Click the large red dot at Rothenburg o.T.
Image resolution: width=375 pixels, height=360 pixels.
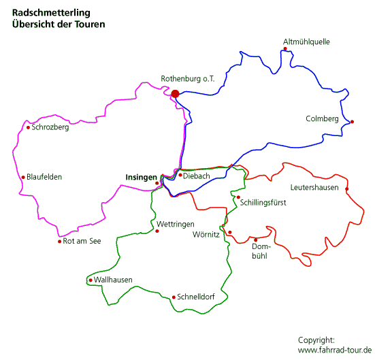pyautogui.click(x=175, y=94)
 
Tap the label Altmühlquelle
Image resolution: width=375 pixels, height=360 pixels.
pyautogui.click(x=306, y=42)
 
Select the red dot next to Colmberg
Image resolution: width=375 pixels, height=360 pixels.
pyautogui.click(x=352, y=122)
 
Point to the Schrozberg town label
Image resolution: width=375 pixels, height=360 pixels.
pyautogui.click(x=50, y=127)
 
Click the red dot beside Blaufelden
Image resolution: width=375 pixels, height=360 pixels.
pyautogui.click(x=23, y=177)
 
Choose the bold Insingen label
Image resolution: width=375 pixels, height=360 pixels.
pyautogui.click(x=142, y=178)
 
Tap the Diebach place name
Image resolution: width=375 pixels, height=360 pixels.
pyautogui.click(x=197, y=176)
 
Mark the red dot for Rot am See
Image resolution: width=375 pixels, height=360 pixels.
pyautogui.click(x=59, y=242)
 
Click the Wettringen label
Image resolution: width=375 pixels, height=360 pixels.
pyautogui.click(x=176, y=225)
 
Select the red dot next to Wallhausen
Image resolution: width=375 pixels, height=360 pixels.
pyautogui.click(x=91, y=280)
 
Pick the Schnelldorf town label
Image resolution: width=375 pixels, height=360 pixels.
pyautogui.click(x=196, y=297)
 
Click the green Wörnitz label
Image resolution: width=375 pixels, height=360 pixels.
pyautogui.click(x=206, y=234)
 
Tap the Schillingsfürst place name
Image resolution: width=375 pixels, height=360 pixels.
pyautogui.click(x=263, y=203)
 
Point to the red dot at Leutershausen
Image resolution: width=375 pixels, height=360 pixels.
pyautogui.click(x=347, y=189)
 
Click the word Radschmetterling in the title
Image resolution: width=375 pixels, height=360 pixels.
pyautogui.click(x=51, y=13)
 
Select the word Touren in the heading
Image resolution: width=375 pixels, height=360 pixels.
pyautogui.click(x=90, y=24)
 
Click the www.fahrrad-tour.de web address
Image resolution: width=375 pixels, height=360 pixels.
pyautogui.click(x=335, y=350)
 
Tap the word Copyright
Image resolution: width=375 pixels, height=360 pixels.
pyautogui.click(x=316, y=340)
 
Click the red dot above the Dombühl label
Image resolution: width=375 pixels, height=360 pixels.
pyautogui.click(x=256, y=240)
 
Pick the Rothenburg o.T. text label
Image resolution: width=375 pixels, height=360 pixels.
pyautogui.click(x=188, y=79)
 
